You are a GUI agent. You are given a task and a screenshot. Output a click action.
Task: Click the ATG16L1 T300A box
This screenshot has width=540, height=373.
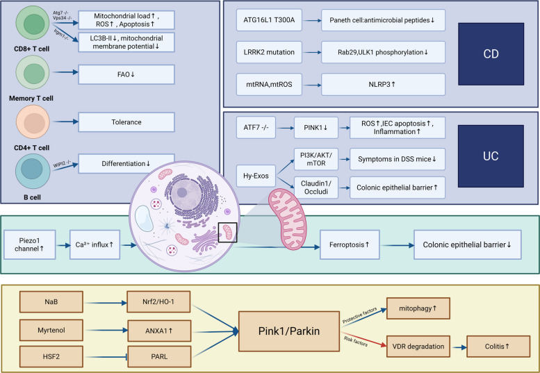coord(269,20)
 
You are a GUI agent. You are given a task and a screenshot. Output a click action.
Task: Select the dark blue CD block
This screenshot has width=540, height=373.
coord(491,54)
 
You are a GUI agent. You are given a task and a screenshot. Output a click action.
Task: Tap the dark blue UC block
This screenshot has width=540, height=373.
coord(491,156)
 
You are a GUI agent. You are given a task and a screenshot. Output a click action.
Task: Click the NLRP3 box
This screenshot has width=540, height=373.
coord(383,84)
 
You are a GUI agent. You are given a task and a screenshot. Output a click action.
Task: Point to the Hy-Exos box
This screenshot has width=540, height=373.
coord(256,176)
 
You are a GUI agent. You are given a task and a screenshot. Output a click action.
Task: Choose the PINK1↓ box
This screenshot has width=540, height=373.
coord(316,128)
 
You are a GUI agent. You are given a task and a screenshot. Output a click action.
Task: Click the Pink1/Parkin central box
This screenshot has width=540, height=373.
coord(289,331)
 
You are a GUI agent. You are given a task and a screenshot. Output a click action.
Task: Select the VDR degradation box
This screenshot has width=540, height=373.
coord(418,347)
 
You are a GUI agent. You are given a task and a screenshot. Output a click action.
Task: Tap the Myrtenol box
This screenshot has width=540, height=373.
coord(51,331)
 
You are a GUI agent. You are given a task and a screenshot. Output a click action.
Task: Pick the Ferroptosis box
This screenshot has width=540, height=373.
coord(350,244)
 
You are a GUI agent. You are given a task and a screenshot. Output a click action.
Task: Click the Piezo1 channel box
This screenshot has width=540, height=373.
coord(30,244)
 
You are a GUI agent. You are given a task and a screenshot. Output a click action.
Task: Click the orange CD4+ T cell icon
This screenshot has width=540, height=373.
coord(33,122)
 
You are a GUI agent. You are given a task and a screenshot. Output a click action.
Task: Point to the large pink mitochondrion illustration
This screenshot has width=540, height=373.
coord(288,219)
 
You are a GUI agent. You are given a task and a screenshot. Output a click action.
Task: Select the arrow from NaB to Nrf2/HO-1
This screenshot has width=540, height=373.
coord(106,303)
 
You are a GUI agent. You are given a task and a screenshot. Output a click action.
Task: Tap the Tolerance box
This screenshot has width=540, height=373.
coord(126,122)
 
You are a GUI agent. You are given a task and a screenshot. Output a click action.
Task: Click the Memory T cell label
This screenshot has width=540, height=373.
coord(31,99)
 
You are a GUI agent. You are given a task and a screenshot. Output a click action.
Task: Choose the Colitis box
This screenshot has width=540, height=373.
coord(498,347)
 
